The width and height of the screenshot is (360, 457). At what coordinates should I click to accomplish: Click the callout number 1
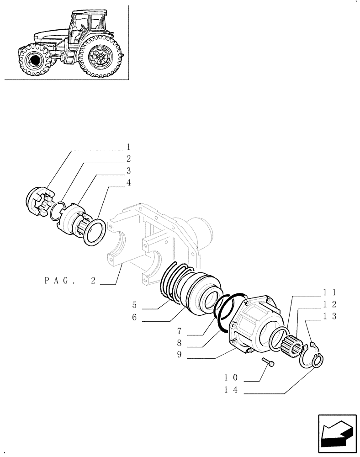[x=128, y=147]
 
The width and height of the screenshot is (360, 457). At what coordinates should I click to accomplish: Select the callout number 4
[x=128, y=182]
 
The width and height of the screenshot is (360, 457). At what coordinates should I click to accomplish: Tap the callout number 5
[x=135, y=304]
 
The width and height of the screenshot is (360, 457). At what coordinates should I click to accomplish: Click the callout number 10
[x=232, y=377]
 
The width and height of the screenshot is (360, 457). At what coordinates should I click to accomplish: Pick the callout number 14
[x=232, y=390]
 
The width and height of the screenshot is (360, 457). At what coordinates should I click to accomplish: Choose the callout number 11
[x=330, y=292]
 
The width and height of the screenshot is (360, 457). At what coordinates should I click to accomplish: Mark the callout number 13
[x=330, y=317]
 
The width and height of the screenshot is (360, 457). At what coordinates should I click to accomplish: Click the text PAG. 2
[x=70, y=281]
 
